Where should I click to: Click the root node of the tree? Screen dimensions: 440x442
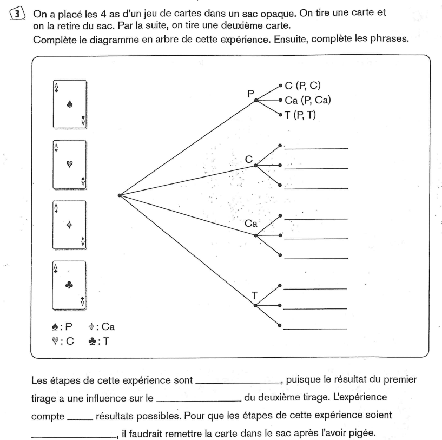click(x=118, y=195)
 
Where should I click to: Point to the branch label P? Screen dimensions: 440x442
click(x=250, y=93)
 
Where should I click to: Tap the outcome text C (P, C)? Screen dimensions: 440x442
click(x=305, y=86)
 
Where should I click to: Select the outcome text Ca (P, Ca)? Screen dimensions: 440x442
click(x=308, y=100)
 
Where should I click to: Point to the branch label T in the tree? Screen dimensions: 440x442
click(x=254, y=295)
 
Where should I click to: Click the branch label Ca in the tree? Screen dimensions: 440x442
click(x=251, y=223)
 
